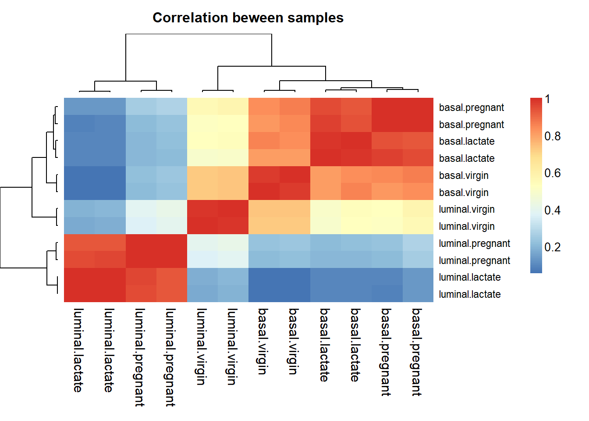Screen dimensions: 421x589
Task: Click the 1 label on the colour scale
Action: (547, 100)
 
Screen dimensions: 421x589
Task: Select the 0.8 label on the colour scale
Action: (552, 136)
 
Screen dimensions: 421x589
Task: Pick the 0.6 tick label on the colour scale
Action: (552, 173)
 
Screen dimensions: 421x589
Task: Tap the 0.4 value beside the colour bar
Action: (552, 210)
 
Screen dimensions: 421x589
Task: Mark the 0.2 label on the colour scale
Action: (552, 247)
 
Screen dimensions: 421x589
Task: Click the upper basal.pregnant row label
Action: (471, 107)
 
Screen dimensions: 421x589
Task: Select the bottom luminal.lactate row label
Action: (469, 294)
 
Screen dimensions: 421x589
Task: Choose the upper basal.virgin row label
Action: (464, 175)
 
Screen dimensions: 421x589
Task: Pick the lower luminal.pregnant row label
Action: (474, 260)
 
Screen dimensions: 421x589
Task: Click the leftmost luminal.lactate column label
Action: (78, 350)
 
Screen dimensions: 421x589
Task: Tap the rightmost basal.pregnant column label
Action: (416, 352)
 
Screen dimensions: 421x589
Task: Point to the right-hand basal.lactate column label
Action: (355, 345)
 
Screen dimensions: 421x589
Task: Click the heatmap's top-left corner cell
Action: (79, 106)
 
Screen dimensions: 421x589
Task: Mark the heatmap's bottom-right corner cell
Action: (418, 293)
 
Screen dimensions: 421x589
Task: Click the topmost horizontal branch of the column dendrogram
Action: (199, 34)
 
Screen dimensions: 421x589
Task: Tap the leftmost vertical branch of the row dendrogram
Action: (0, 227)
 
